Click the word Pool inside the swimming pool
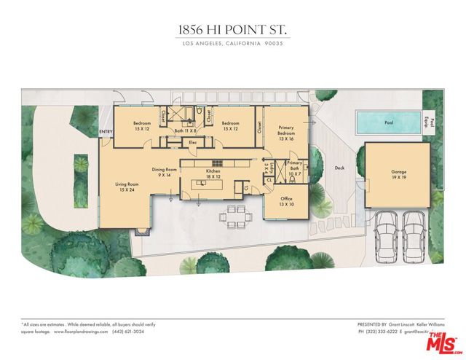click(389, 123)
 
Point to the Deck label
click(339, 168)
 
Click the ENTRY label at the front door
click(106, 132)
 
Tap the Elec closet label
click(193, 142)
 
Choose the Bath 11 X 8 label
click(186, 130)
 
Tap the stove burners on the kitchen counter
click(216, 162)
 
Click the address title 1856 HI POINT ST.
click(233, 30)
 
